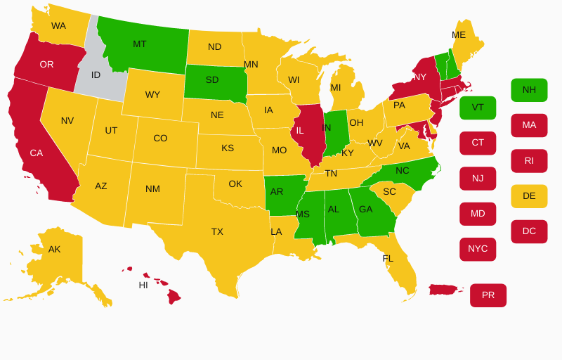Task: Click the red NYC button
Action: pos(478,249)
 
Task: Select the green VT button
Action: pos(478,108)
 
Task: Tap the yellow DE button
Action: pos(529,196)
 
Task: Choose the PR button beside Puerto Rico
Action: pos(488,295)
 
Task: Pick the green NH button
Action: pos(529,90)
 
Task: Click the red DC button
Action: pos(529,231)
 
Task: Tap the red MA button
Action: pos(529,125)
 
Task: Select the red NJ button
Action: pos(478,179)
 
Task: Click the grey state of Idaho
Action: pos(98,77)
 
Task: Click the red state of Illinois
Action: pos(305,134)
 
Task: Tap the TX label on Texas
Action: pos(217,231)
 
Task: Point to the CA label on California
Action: pos(37,153)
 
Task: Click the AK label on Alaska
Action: pos(54,249)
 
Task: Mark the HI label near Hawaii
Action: pos(143,285)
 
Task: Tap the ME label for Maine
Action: pos(459,34)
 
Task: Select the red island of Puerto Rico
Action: pos(445,290)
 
